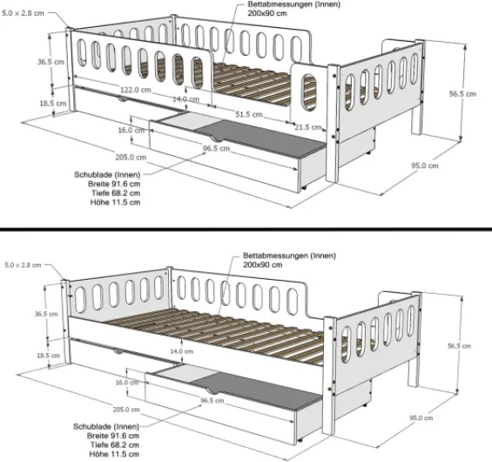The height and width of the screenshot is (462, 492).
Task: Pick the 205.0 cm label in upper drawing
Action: (130, 157)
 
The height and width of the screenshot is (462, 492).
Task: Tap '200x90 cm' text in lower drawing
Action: (263, 264)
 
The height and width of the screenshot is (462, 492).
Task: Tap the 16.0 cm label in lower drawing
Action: (129, 382)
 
